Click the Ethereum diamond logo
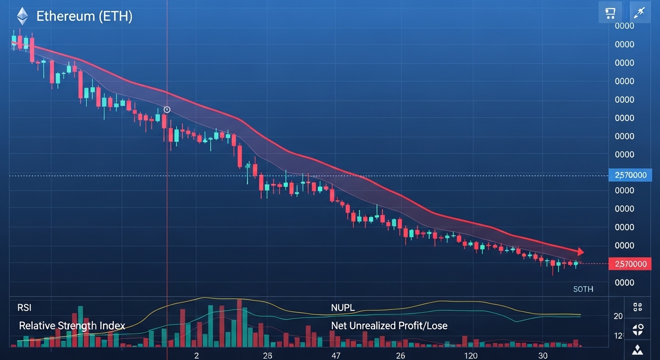click(x=22, y=17)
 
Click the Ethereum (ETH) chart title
click(x=84, y=17)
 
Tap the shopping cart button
click(x=610, y=13)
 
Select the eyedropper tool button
click(x=639, y=13)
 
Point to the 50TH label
click(x=583, y=289)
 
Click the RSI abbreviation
click(x=24, y=308)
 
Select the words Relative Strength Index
click(x=72, y=325)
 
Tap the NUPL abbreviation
click(x=343, y=308)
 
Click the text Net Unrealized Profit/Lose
click(x=389, y=325)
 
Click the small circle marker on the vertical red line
click(x=167, y=110)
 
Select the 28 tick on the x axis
click(x=268, y=355)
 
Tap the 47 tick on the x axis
click(x=336, y=355)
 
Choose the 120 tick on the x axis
click(x=471, y=355)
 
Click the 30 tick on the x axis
click(x=543, y=355)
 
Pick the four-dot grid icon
click(x=637, y=307)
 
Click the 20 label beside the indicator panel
click(x=618, y=316)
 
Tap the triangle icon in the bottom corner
click(x=637, y=349)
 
